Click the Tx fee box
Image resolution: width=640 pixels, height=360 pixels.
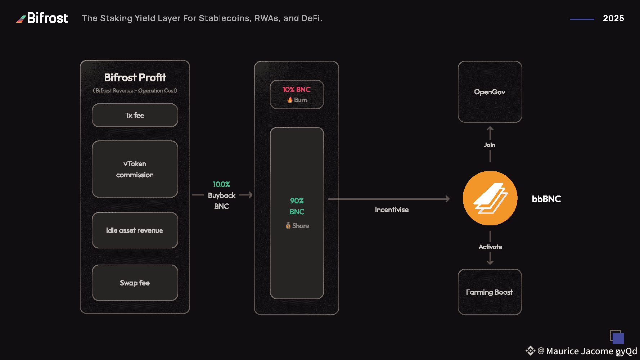tap(135, 115)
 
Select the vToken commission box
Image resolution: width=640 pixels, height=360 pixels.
tap(135, 169)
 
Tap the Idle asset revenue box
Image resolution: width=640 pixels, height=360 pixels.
tap(135, 230)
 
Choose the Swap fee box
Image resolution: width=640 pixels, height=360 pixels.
tap(135, 283)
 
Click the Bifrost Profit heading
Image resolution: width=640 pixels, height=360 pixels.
tap(135, 77)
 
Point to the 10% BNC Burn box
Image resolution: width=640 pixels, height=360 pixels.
tap(297, 94)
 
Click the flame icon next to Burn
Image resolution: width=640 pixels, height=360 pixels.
tap(290, 100)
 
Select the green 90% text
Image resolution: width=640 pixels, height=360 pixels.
tap(297, 201)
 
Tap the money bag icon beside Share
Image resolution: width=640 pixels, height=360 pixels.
tap(288, 226)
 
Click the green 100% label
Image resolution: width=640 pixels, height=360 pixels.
tap(221, 184)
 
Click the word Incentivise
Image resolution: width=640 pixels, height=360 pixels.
tap(392, 210)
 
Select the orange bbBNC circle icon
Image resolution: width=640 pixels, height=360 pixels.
tap(490, 198)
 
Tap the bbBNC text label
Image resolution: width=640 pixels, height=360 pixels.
tap(546, 199)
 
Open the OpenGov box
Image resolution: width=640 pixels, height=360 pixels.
tap(490, 92)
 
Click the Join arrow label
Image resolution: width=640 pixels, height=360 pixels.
tap(490, 145)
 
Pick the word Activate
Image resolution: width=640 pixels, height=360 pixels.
tap(490, 247)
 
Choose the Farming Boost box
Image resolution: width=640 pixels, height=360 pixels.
tap(490, 292)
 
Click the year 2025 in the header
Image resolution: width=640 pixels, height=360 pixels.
tap(613, 18)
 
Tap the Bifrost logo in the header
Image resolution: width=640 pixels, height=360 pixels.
tap(42, 18)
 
